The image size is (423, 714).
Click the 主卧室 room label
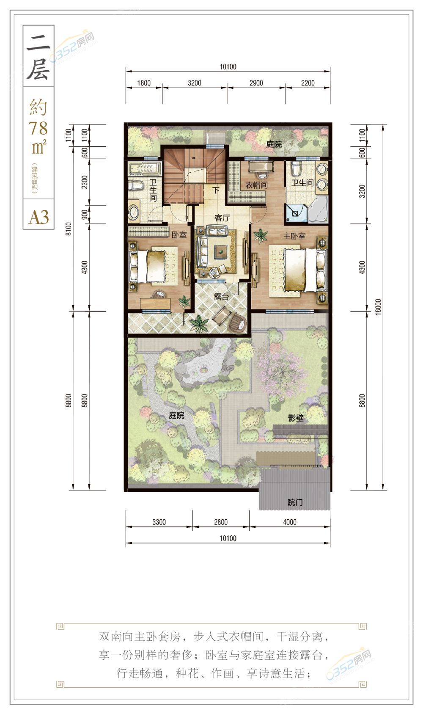tap(294, 236)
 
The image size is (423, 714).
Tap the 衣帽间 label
tap(256, 185)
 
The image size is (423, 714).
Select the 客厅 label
tap(222, 218)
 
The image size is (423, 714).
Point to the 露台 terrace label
tap(221, 297)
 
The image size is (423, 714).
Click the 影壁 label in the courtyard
tap(296, 418)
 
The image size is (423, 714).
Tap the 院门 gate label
tap(295, 502)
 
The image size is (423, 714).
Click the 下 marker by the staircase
tap(216, 190)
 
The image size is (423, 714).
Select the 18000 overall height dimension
tap(378, 307)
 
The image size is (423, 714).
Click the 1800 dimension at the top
tap(144, 83)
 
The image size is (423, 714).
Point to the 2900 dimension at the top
tap(256, 83)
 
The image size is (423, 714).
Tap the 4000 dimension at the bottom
tap(289, 522)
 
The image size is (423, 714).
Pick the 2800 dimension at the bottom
tap(221, 522)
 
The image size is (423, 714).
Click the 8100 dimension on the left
tap(69, 229)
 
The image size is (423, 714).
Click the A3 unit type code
tap(39, 218)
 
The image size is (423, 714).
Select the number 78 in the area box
tap(38, 128)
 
